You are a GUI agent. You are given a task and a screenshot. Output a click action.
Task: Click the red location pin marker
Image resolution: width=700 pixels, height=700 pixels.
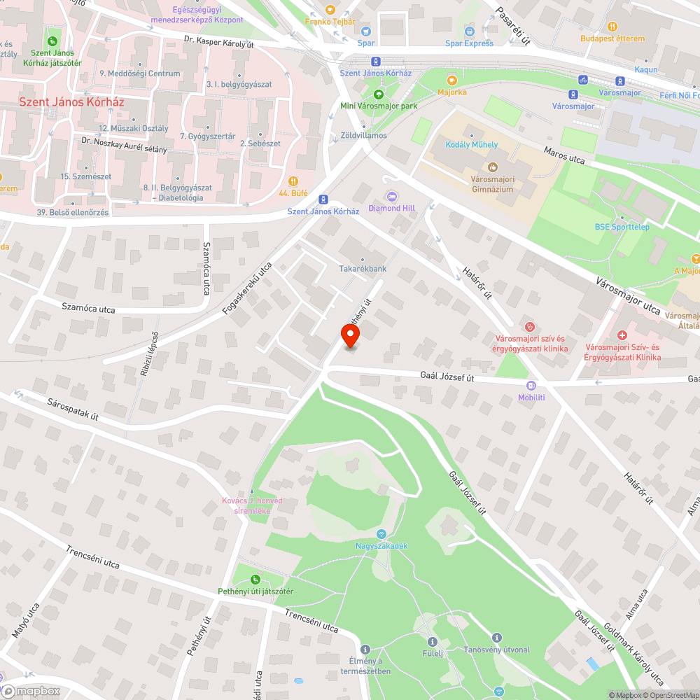point(351,336)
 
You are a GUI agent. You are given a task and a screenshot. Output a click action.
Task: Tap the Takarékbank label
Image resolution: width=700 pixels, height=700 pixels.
point(363,269)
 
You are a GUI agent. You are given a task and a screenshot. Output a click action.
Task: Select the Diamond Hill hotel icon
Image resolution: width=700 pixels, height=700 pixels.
point(391,196)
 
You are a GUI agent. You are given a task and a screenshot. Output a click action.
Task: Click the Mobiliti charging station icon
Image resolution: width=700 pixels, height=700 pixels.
point(531,385)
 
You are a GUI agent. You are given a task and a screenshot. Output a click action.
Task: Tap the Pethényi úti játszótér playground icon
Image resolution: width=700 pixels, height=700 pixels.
point(255,580)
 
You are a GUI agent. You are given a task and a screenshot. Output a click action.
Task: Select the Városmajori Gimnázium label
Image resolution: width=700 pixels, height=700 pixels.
point(492,184)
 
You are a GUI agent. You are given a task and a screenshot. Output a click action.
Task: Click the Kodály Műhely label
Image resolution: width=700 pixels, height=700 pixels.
point(472,145)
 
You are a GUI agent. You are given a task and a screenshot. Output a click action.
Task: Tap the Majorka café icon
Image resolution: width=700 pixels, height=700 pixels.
point(451,80)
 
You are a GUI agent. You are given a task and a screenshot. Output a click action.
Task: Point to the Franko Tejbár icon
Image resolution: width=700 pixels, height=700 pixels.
point(330,10)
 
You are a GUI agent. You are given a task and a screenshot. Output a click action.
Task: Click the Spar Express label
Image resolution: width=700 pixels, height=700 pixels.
point(469,43)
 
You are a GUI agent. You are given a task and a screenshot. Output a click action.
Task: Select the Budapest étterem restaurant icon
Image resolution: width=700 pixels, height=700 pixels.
point(612,27)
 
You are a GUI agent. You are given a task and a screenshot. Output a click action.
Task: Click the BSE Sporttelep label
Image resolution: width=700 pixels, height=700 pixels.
point(622,227)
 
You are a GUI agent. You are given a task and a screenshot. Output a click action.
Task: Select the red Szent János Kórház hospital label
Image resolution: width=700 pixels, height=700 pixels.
point(71,101)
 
